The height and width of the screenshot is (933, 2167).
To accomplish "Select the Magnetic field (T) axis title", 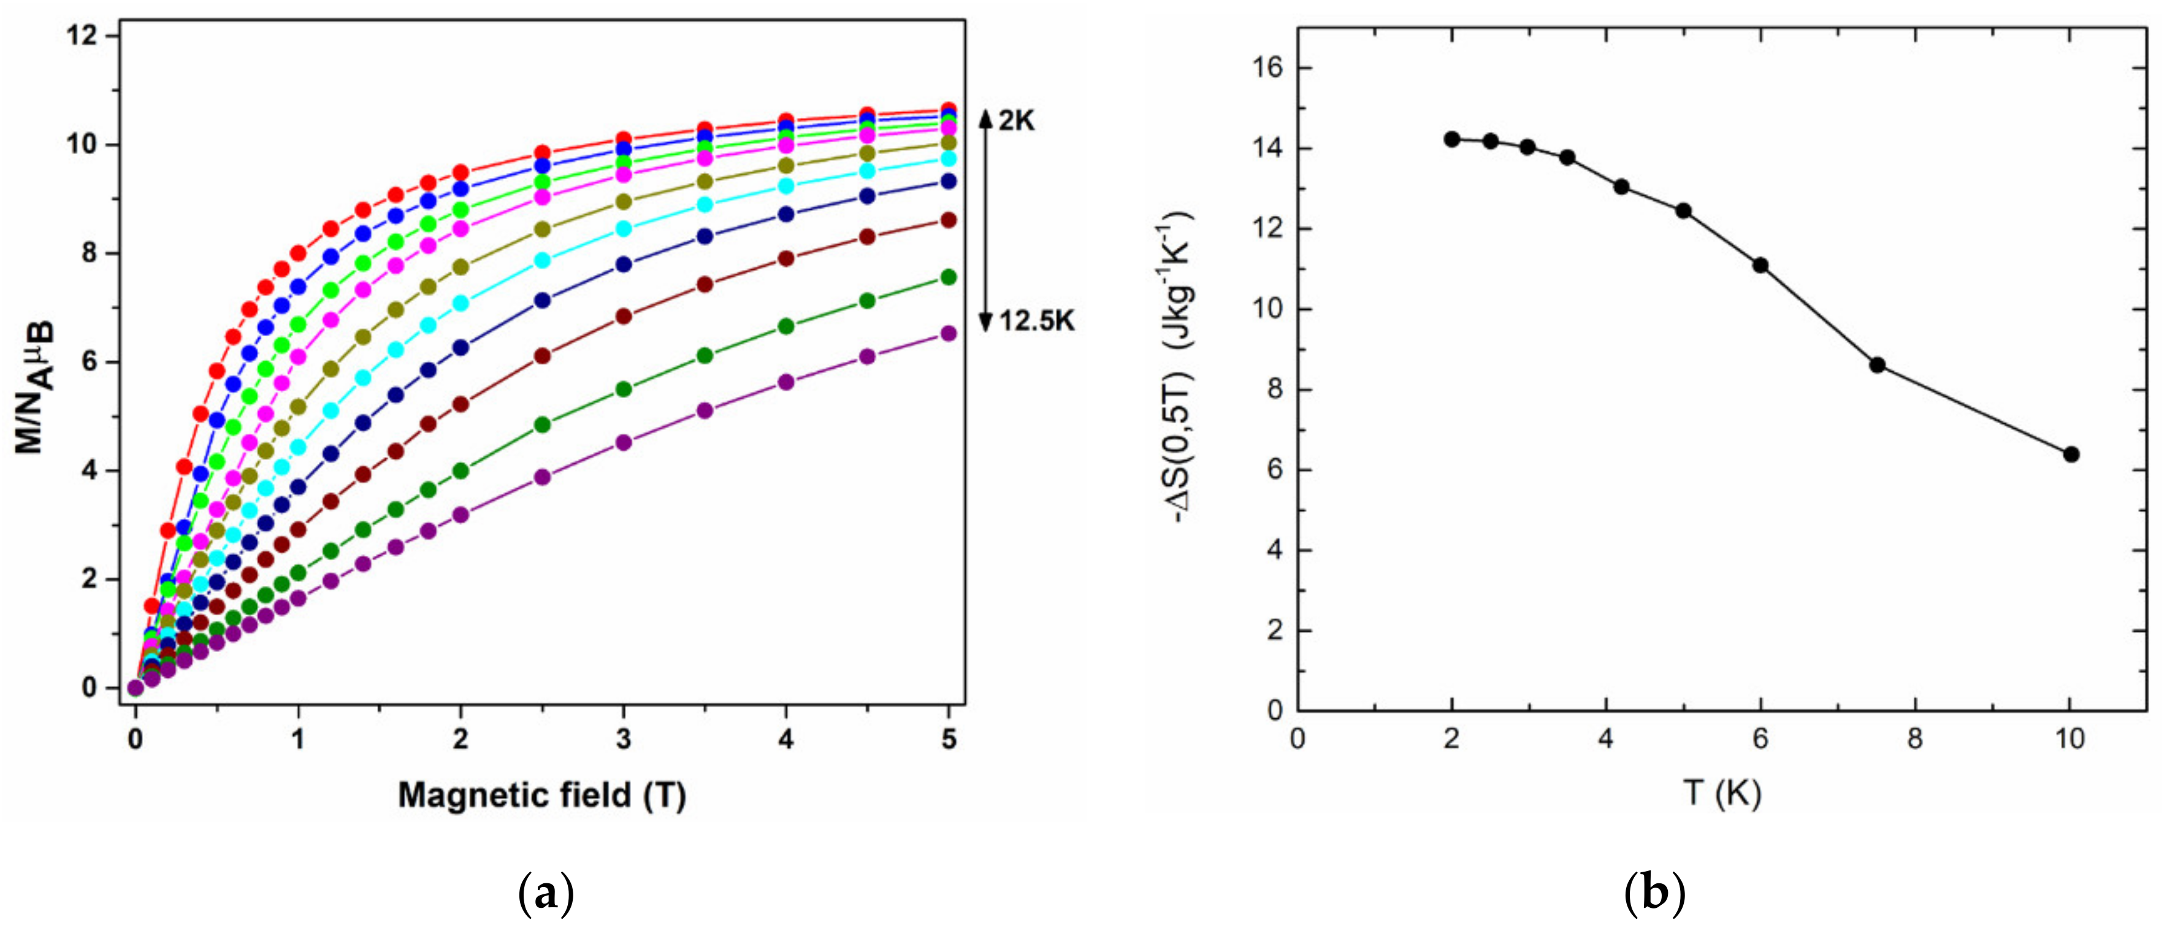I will coord(542,794).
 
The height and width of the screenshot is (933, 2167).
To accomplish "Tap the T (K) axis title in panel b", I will coord(1722,792).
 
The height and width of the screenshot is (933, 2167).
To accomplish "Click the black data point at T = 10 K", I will coord(2071,455).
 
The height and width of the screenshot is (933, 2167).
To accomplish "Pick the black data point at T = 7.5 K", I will coord(1878,365).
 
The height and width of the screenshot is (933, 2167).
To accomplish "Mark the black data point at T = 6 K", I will coord(1760,266).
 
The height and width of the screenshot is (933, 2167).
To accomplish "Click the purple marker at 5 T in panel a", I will coord(949,333).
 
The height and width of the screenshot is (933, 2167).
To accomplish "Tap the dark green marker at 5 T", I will coord(949,277).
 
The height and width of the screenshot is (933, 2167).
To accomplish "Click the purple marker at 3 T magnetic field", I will coord(624,442).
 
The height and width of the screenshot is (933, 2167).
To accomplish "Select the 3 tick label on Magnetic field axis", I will coord(624,740).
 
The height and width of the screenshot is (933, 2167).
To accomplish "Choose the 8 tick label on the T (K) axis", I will coord(1916,740).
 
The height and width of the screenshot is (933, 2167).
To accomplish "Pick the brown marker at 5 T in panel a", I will coord(949,220).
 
